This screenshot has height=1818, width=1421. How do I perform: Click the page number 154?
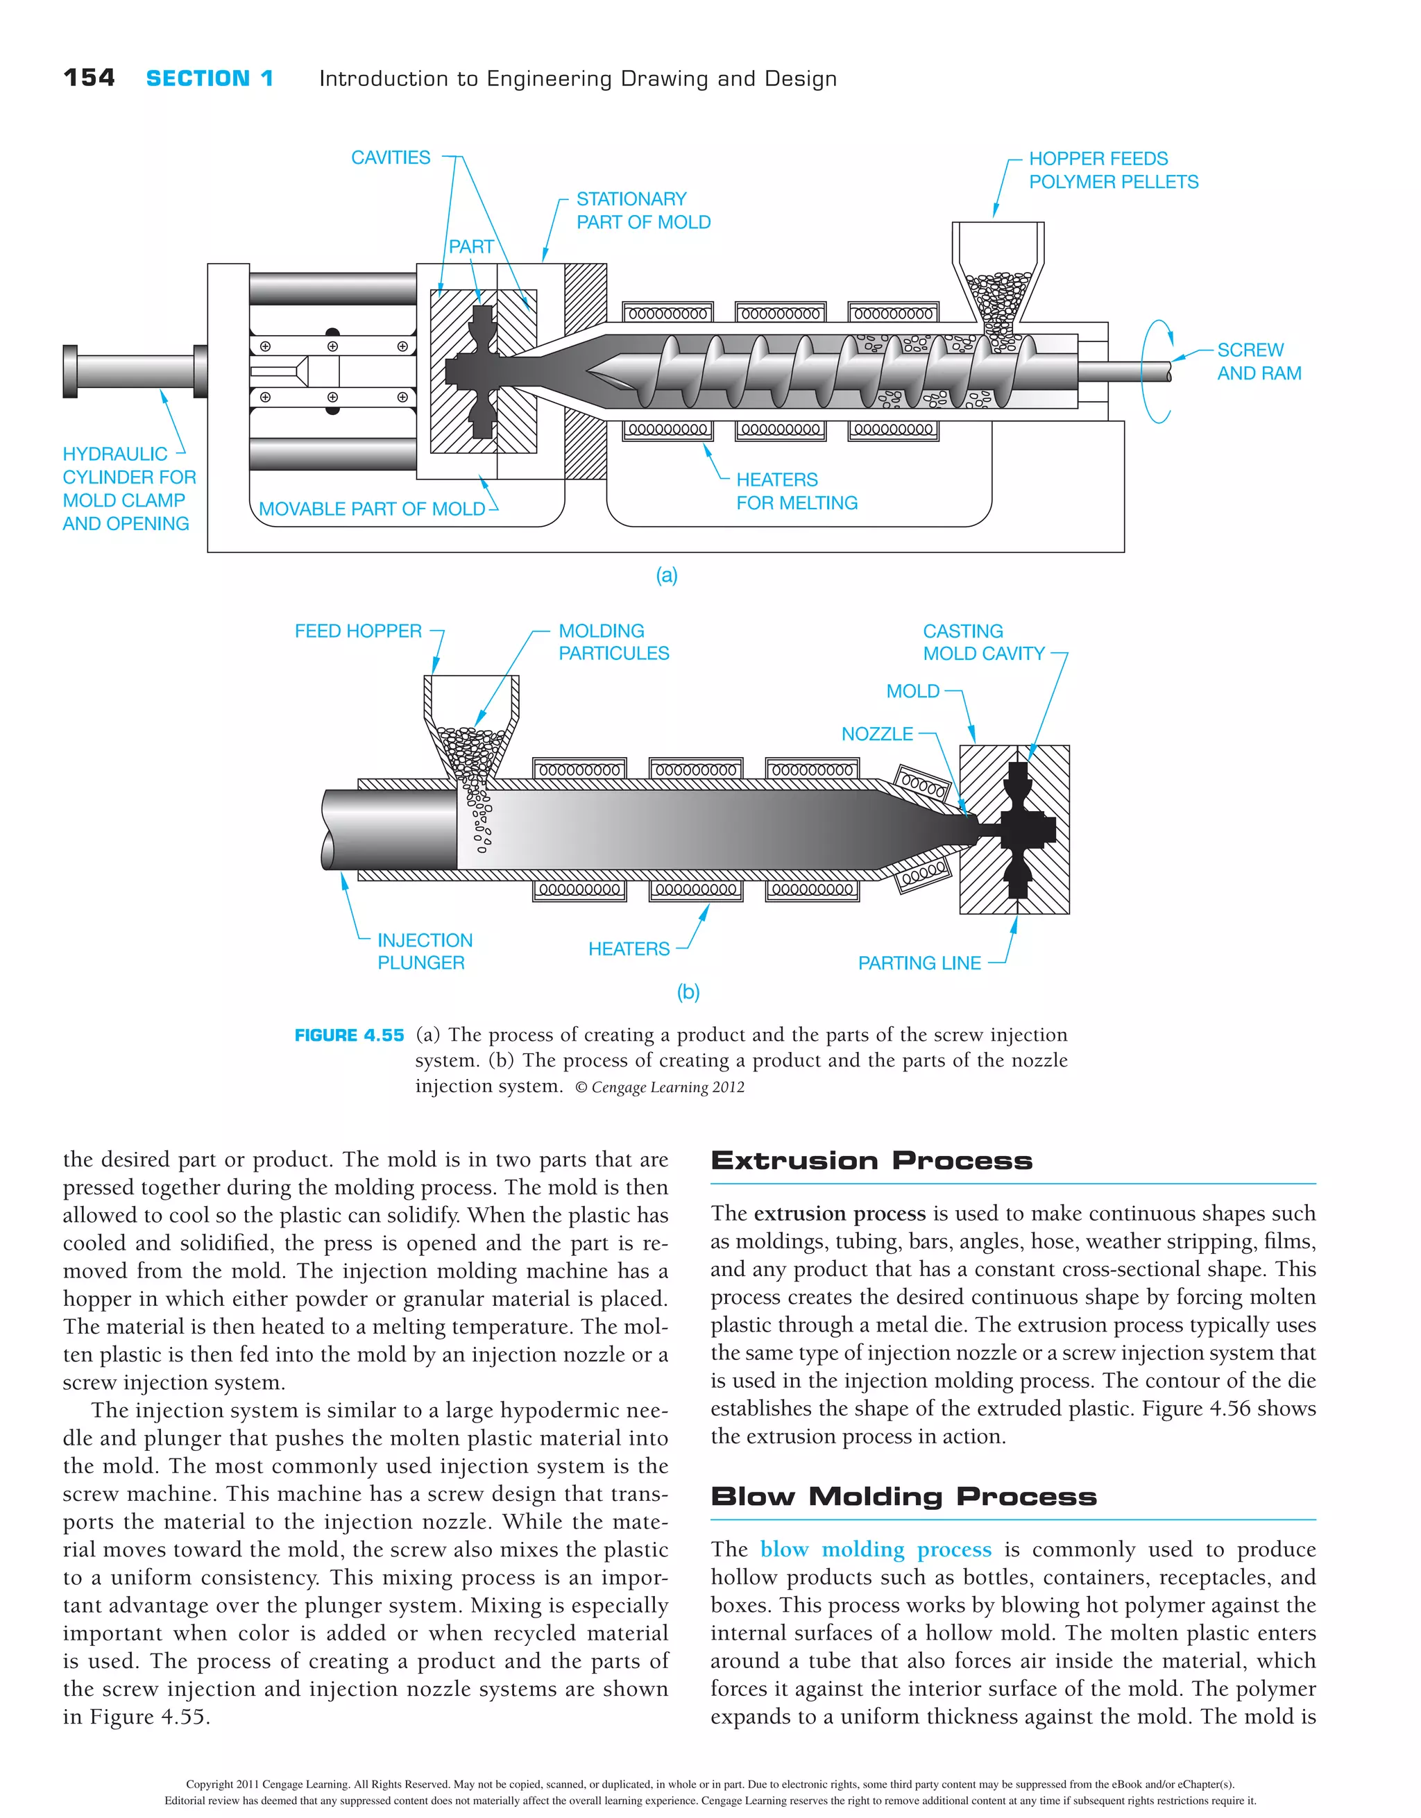click(x=89, y=78)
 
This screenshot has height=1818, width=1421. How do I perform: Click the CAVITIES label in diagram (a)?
click(x=391, y=158)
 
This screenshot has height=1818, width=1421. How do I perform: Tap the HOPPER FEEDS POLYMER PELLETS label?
click(x=1112, y=170)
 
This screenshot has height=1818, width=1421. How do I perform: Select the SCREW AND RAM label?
click(x=1258, y=362)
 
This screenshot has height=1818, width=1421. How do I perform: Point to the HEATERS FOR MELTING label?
click(x=796, y=491)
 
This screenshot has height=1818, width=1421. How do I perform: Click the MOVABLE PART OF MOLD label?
click(x=371, y=509)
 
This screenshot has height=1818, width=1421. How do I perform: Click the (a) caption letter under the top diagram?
click(x=666, y=575)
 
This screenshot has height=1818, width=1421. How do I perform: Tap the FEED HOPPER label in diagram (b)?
click(x=358, y=631)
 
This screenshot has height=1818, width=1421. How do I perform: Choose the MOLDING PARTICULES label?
click(x=613, y=642)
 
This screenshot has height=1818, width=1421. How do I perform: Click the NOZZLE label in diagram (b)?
click(x=876, y=734)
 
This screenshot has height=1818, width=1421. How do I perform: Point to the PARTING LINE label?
click(x=919, y=963)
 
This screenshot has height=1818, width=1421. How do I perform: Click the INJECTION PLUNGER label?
click(x=424, y=951)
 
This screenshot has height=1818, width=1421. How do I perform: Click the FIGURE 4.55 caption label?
click(x=349, y=1035)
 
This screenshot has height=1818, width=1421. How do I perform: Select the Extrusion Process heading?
click(x=871, y=1160)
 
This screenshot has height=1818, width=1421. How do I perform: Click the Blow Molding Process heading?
click(x=903, y=1497)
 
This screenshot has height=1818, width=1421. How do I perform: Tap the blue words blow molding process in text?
click(x=875, y=1550)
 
